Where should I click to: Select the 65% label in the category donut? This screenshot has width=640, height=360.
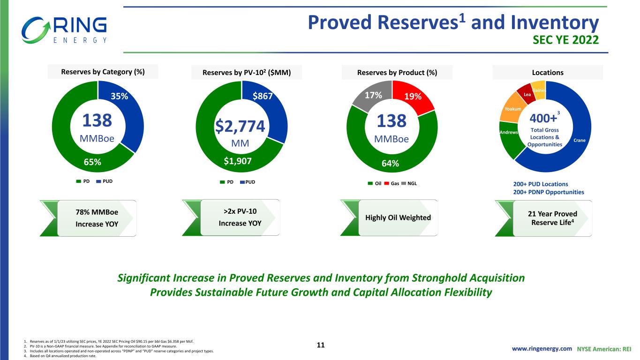coord(92,162)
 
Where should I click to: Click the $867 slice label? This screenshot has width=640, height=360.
coord(262,96)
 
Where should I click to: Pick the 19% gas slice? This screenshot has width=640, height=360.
coord(413,97)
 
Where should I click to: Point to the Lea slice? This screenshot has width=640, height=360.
coord(527,94)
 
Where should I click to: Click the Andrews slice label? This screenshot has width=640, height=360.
coord(509,132)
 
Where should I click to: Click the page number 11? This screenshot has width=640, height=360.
coord(321,345)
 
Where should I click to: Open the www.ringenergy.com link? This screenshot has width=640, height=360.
coord(542,349)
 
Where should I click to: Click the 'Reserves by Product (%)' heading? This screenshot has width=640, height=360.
coord(397,73)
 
